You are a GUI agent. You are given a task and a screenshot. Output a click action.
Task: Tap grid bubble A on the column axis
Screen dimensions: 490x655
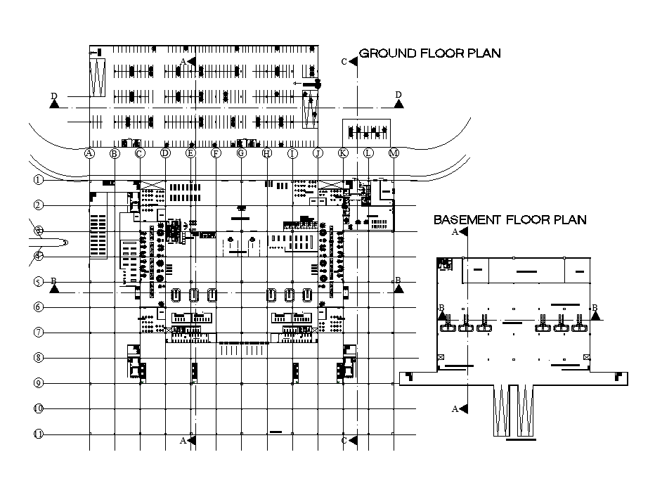point(89,153)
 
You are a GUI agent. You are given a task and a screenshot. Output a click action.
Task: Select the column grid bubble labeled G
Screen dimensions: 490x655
point(242,153)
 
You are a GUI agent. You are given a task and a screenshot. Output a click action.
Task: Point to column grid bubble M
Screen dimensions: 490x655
point(394,153)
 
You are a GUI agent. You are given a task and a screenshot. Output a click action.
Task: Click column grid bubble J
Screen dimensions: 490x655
point(318,153)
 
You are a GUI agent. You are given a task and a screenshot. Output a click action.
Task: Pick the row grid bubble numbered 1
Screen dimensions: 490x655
point(39,180)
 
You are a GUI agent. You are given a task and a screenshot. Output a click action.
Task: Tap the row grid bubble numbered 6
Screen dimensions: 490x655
point(39,307)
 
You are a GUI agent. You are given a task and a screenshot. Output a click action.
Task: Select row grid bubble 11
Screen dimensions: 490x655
point(39,434)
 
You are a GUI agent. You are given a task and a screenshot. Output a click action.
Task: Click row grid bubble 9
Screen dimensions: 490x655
point(39,383)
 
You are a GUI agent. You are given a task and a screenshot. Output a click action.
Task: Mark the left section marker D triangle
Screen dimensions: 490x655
point(54,103)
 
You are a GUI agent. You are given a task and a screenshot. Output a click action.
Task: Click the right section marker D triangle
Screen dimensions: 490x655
point(398,103)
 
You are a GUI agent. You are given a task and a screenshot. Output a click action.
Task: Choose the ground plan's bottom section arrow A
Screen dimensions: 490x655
point(192,441)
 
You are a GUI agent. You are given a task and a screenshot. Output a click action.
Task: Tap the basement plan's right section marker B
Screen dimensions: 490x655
point(596,316)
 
